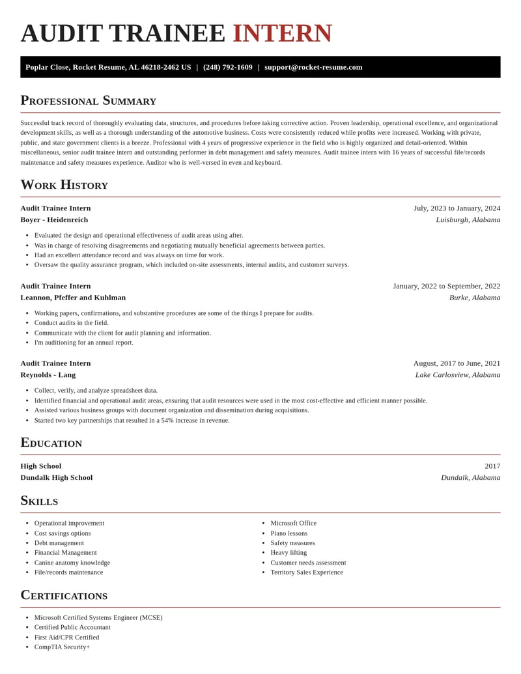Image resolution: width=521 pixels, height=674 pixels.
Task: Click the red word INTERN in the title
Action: [x=282, y=33]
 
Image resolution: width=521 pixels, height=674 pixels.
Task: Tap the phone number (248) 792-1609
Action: [x=227, y=67]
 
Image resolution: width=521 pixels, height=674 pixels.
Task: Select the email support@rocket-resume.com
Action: [x=313, y=67]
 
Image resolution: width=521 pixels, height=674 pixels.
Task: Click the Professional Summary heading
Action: [x=88, y=100]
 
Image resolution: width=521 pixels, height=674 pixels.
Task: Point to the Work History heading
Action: [x=64, y=184]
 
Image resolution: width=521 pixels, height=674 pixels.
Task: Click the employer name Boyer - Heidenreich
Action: [x=54, y=219]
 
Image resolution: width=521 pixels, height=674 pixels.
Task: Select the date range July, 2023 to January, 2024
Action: [x=457, y=208]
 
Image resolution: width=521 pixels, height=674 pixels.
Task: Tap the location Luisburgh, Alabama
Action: [x=468, y=219]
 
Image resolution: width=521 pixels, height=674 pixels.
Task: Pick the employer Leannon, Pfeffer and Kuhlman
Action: [x=73, y=298]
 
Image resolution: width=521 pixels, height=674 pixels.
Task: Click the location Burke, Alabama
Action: [x=475, y=298]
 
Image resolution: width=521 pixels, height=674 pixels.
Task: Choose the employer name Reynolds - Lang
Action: [x=48, y=374]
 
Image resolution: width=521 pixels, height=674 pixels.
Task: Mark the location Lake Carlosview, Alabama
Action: [x=458, y=374]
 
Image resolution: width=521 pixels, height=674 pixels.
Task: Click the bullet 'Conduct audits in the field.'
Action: [x=72, y=323]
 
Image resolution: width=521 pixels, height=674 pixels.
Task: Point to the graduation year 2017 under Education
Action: [x=492, y=466]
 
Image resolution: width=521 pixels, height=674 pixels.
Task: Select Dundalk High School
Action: [x=56, y=477]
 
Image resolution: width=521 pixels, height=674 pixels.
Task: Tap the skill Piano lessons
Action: [x=289, y=533]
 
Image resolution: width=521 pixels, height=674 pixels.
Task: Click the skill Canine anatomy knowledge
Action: [x=72, y=563]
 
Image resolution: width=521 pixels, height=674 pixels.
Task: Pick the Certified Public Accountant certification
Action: [x=72, y=627]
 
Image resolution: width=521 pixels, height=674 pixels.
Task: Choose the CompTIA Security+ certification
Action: [x=62, y=647]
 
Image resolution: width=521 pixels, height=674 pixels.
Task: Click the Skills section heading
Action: [x=39, y=500]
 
